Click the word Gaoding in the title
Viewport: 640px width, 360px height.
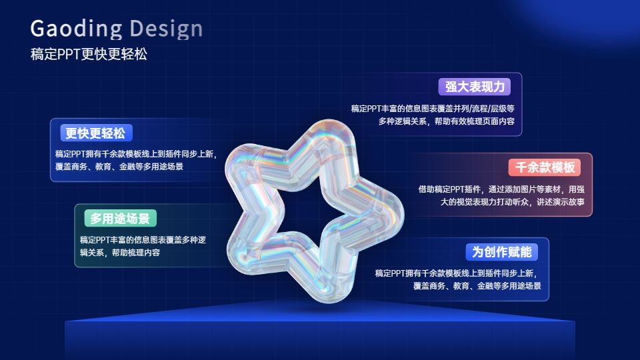(x=76, y=29)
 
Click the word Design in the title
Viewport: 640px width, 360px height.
(x=166, y=29)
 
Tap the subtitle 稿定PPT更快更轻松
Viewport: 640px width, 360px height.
(x=89, y=54)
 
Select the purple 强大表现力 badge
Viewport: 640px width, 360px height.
(x=475, y=87)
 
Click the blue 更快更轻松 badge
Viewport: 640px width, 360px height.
(x=96, y=133)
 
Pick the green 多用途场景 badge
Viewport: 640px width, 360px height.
(x=121, y=219)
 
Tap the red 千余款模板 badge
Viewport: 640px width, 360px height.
(x=545, y=167)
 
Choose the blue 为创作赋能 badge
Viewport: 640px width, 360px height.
(x=501, y=252)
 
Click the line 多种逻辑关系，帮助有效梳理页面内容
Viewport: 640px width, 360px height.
(x=446, y=121)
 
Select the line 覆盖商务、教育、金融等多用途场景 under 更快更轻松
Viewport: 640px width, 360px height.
(x=119, y=167)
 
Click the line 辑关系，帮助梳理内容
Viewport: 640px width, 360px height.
(x=120, y=253)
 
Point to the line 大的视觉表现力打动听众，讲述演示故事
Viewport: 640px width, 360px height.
(x=512, y=202)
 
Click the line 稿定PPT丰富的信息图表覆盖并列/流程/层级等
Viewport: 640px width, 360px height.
(x=433, y=109)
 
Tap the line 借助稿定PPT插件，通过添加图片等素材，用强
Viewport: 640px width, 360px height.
(x=501, y=189)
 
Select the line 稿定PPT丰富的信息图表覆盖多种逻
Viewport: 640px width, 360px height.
(x=143, y=240)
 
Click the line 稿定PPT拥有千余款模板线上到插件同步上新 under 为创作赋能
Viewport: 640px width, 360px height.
(x=456, y=273)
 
